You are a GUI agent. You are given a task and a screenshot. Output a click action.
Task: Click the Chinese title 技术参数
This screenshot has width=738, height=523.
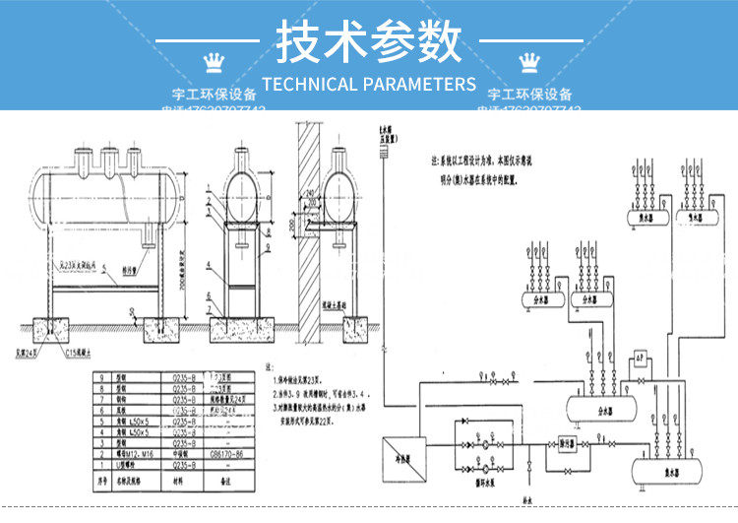368,41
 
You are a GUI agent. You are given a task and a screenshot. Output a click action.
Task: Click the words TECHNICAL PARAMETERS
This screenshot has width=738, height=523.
369,84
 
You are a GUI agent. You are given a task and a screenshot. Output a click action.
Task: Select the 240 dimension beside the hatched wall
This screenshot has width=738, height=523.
310,193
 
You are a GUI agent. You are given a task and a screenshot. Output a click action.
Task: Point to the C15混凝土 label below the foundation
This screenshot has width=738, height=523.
82,353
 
